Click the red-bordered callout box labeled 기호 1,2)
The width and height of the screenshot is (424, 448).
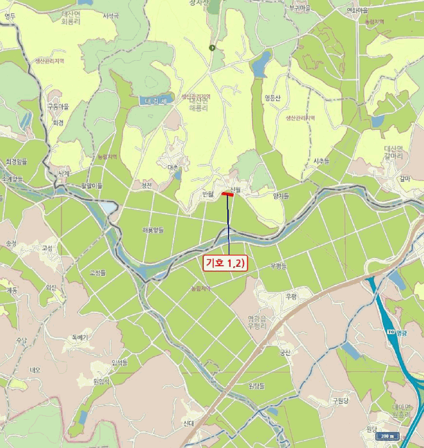(225, 262)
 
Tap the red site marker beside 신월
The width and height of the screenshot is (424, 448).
(227, 193)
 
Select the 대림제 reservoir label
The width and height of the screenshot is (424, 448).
(155, 101)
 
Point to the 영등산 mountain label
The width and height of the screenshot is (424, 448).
(272, 98)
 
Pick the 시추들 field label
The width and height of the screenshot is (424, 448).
(321, 160)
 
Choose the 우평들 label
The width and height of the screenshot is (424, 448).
(279, 265)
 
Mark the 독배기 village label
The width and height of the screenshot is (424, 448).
(79, 337)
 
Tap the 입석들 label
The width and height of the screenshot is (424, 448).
(120, 363)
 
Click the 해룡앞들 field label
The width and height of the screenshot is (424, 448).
(153, 229)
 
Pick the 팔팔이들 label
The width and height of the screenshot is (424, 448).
(92, 186)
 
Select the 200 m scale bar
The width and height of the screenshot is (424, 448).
(386, 436)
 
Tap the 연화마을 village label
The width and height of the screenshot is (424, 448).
(358, 10)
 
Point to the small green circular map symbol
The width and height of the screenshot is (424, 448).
(213, 47)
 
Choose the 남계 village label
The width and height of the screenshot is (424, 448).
(63, 173)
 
